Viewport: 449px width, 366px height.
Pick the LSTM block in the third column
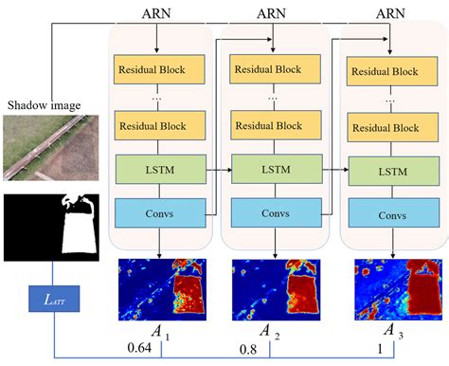click(x=386, y=172)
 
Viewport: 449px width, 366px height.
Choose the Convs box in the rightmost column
click(x=386, y=214)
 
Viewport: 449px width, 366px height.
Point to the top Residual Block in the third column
click(x=386, y=72)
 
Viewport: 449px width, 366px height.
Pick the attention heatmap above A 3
click(x=386, y=289)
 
